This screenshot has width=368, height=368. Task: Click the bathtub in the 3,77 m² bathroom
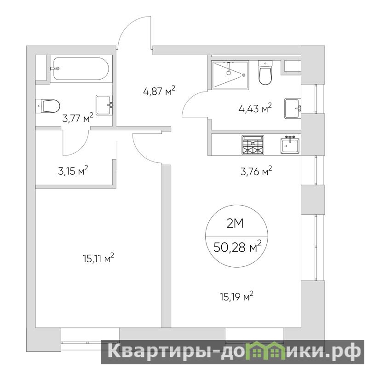coord(80,69)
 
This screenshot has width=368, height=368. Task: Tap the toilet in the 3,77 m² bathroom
coord(48,106)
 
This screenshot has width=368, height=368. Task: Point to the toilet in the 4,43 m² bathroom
coord(265,72)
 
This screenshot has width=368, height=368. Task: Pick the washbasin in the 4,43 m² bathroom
coord(293,108)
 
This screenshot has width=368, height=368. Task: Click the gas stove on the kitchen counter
coord(253,145)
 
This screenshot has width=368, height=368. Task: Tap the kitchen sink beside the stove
coord(290,145)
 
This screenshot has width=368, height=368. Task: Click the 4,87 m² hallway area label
coord(159,91)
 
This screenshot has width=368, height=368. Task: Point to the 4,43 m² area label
coord(255,108)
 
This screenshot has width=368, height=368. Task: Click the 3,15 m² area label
coord(73,171)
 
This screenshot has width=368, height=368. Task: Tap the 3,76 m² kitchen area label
coord(256,171)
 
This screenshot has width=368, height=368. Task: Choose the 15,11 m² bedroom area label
coord(98,258)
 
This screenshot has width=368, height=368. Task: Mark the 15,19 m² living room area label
coord(236,297)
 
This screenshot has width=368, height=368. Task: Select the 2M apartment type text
coord(235,224)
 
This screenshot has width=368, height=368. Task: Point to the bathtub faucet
coord(55,69)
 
